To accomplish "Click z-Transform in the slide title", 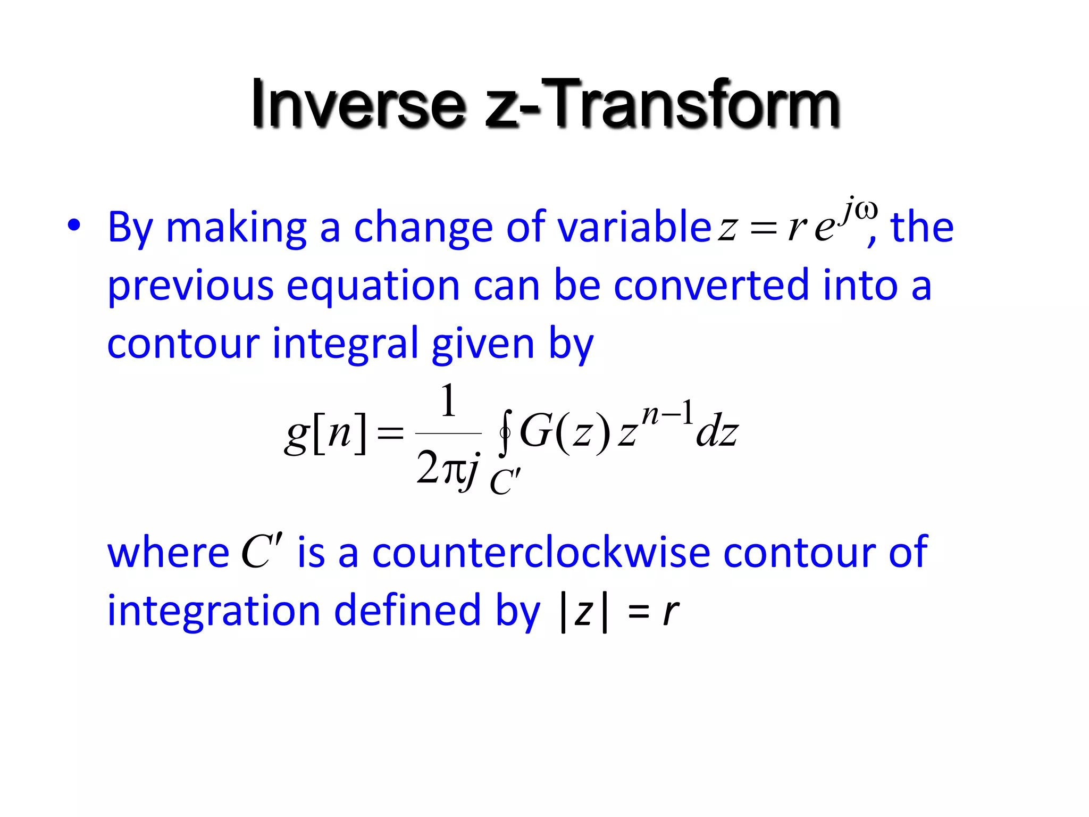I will (662, 104).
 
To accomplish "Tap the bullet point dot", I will (74, 226).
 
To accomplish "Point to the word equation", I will (373, 286).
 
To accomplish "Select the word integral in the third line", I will (345, 344).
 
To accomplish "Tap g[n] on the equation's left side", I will (326, 432).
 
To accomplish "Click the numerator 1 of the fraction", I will (448, 402).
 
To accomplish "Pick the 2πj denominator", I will (448, 468).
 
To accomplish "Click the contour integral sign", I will (506, 432).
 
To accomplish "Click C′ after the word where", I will (262, 551).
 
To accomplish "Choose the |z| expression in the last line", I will (584, 612).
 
